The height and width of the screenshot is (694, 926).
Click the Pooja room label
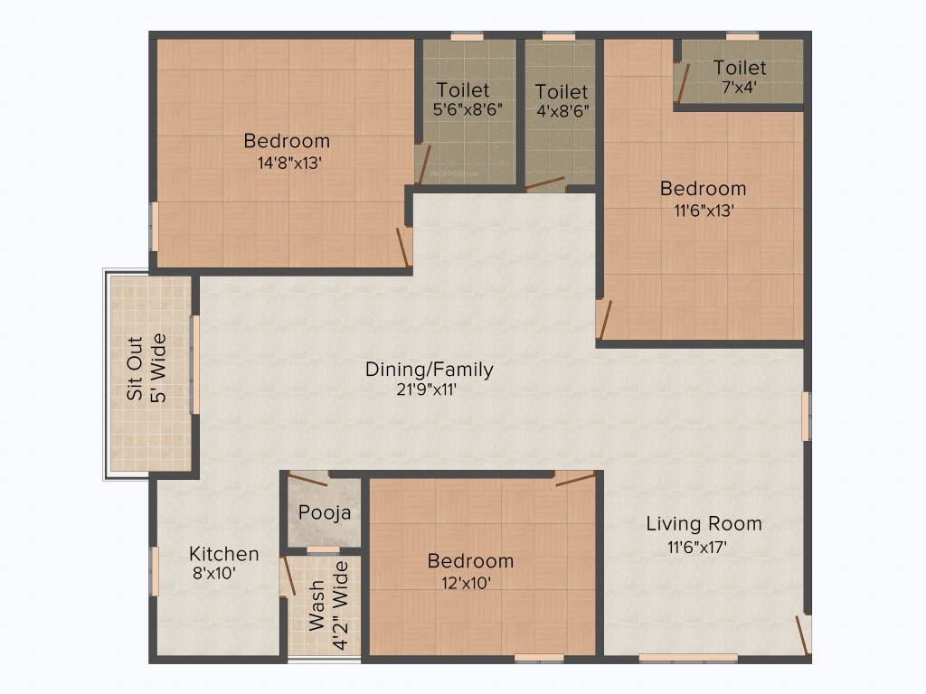pos(325,512)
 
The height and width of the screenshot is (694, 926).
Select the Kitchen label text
pos(223,554)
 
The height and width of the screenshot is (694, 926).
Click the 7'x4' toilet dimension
pos(739,88)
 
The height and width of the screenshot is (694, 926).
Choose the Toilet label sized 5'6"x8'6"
pos(462,89)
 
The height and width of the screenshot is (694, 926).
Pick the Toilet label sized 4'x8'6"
pos(561,91)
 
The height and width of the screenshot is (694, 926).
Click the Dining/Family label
pos(429,369)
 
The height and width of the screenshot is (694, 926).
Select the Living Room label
pos(704,523)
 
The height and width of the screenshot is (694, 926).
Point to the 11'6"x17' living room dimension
pos(697,547)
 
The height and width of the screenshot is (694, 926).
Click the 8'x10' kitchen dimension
pos(214,573)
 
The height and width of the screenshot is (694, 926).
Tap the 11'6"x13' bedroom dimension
pos(703,211)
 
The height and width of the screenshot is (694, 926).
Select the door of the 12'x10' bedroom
pos(574,478)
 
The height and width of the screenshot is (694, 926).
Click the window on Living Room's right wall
pos(805,416)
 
